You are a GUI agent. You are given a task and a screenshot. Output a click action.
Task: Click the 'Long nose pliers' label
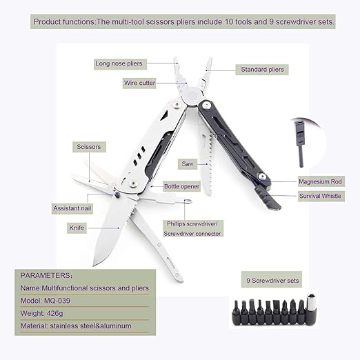(x=119, y=64)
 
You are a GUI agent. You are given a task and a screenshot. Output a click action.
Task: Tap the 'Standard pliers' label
(x=262, y=69)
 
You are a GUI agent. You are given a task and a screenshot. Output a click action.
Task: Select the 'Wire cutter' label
(x=139, y=83)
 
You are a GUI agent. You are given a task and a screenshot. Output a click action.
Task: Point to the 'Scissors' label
(x=88, y=147)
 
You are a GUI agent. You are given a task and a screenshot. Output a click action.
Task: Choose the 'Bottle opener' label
(x=181, y=187)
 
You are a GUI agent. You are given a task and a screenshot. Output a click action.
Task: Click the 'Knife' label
(x=77, y=227)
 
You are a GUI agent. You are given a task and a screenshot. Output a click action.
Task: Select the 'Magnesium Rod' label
(x=320, y=182)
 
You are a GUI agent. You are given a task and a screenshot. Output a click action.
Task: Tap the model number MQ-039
(x=67, y=301)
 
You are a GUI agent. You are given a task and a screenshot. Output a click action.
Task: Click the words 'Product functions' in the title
(x=63, y=22)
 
